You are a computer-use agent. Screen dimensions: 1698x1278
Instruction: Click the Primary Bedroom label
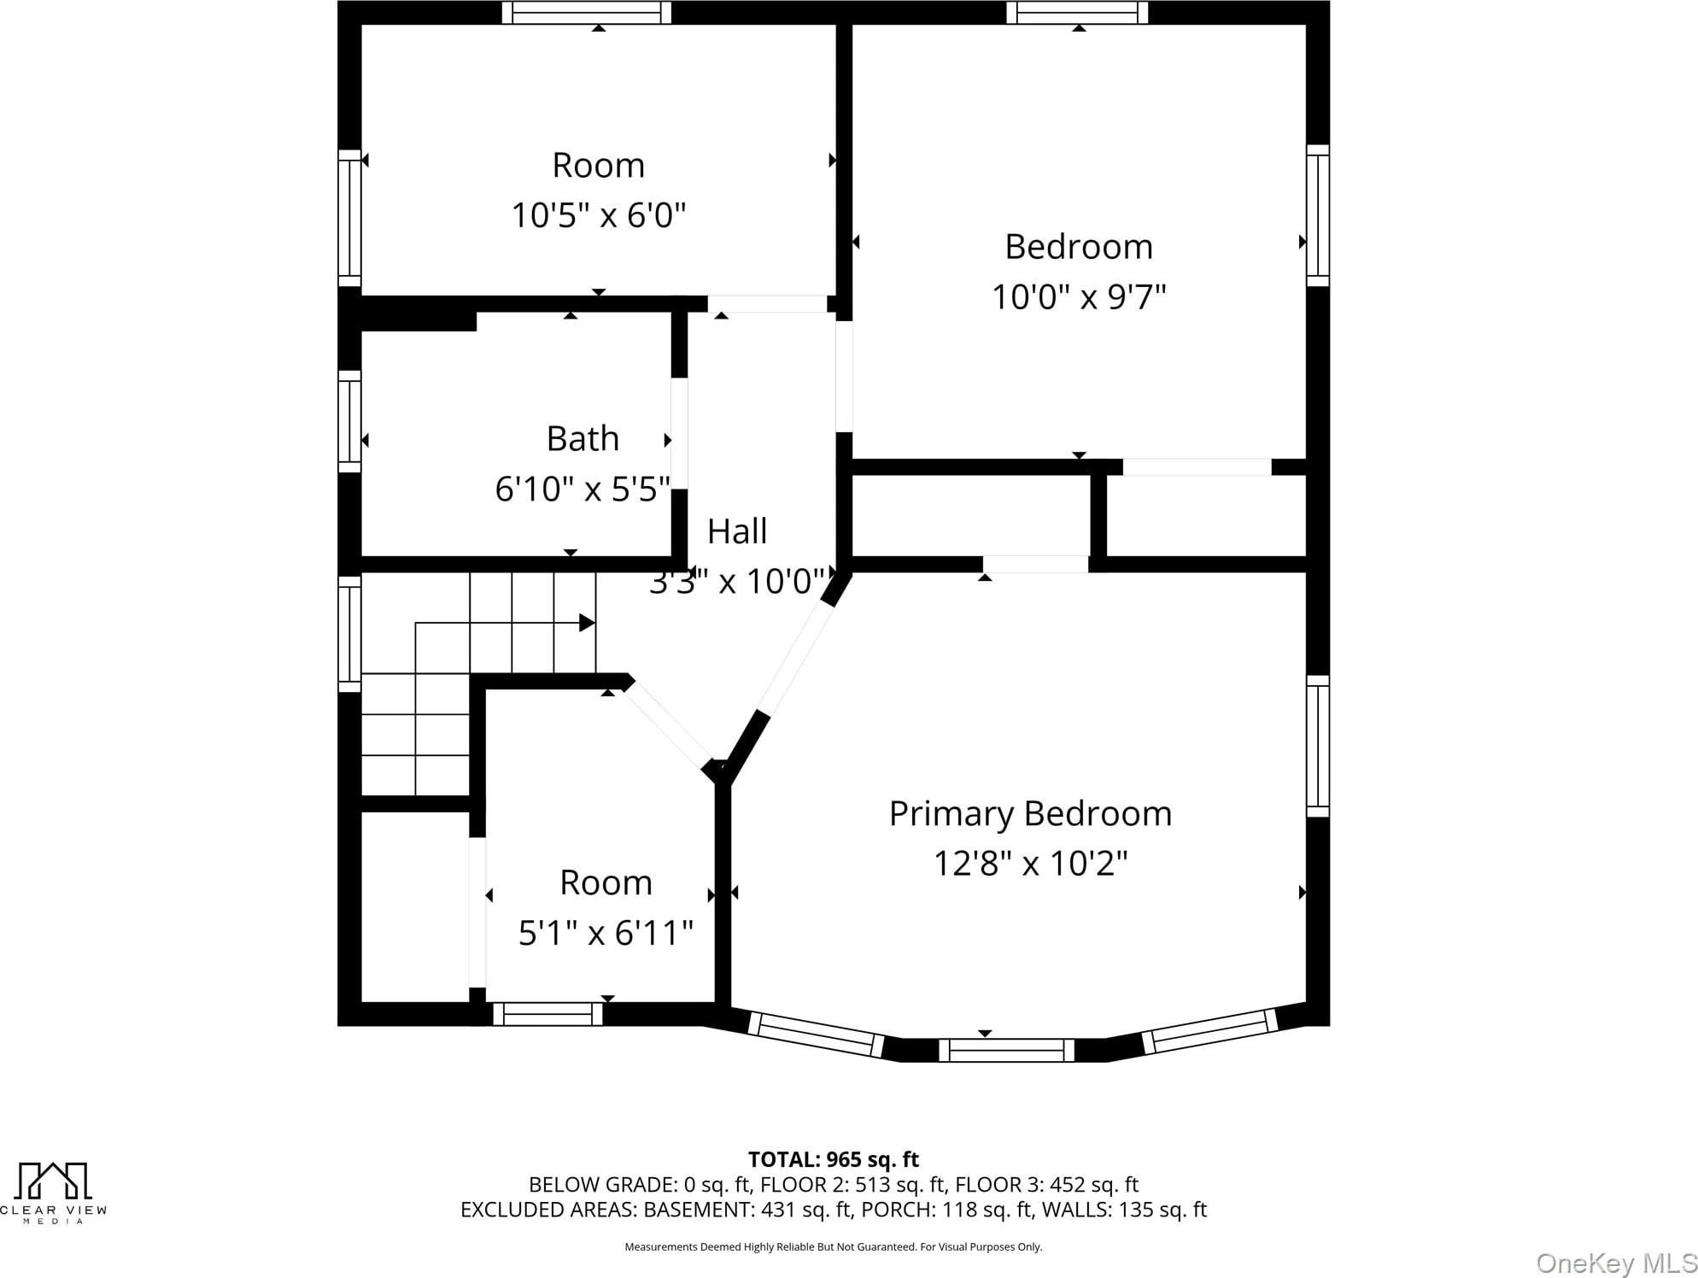(1030, 814)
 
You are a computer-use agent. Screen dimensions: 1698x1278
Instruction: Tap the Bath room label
(583, 438)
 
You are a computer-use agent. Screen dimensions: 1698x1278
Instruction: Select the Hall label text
(737, 531)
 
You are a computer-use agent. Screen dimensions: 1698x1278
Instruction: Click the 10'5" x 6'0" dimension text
(598, 214)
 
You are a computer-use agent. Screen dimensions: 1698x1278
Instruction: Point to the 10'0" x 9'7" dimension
(1079, 296)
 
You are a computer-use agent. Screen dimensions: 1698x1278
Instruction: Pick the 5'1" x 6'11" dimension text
(606, 932)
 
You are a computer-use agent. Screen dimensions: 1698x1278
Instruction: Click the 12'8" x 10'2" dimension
(1030, 863)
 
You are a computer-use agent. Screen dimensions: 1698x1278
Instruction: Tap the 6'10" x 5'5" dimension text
(583, 489)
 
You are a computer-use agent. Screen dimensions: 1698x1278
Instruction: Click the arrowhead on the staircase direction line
(587, 623)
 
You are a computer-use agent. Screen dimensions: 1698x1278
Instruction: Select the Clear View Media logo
(53, 1193)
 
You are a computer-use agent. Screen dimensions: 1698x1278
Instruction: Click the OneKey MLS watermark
(1616, 1263)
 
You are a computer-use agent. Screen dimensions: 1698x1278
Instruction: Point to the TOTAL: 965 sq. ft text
(834, 1159)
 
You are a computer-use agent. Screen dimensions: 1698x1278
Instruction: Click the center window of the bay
(1006, 1050)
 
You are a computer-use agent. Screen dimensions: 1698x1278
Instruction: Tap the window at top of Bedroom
(1078, 13)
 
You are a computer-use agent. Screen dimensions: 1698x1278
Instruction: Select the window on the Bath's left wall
(349, 421)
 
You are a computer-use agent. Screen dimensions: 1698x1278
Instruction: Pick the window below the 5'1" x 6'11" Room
(547, 1014)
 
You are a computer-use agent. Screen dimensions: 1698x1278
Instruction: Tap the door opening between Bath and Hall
(679, 434)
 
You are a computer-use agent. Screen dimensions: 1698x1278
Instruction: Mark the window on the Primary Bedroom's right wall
(1318, 747)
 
